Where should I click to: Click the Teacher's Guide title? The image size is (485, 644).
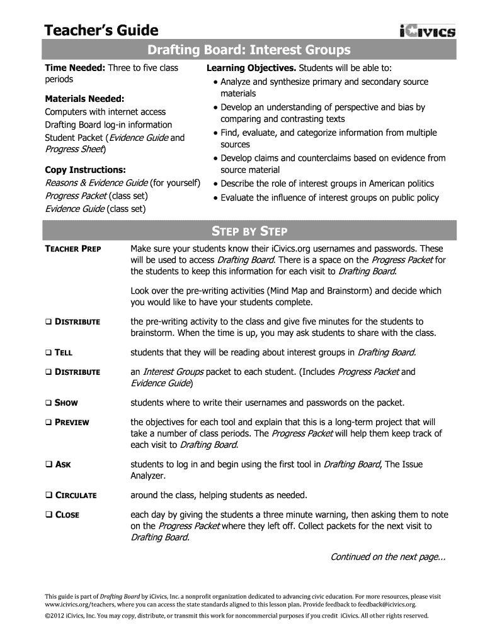coord(101,30)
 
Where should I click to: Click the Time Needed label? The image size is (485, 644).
coord(75,68)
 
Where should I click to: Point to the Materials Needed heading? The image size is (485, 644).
coord(84,99)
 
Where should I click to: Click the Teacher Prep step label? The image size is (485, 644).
coord(73,249)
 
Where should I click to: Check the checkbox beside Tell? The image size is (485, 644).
coord(48,352)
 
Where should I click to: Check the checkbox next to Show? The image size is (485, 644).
coord(48,402)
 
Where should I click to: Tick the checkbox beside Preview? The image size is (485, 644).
coord(48,422)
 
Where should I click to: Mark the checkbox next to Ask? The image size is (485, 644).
coord(48,465)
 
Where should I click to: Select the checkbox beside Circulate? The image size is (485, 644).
coord(48,495)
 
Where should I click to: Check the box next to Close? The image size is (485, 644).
coord(48,514)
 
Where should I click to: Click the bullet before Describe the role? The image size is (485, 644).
coord(215,184)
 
